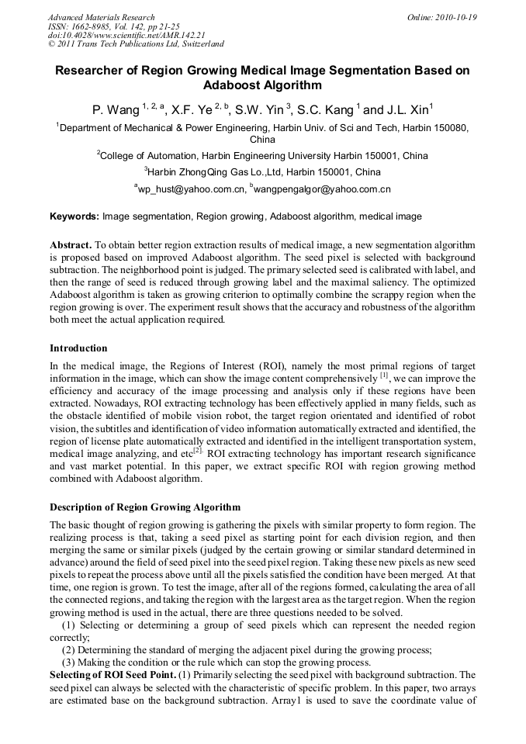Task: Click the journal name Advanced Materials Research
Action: tap(101, 17)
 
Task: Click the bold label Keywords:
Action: tap(74, 216)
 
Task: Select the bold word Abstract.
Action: tap(71, 244)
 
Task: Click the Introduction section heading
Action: tap(78, 348)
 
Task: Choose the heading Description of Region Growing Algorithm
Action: tap(145, 507)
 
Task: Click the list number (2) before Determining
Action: tap(69, 650)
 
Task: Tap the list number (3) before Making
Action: tap(69, 663)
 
